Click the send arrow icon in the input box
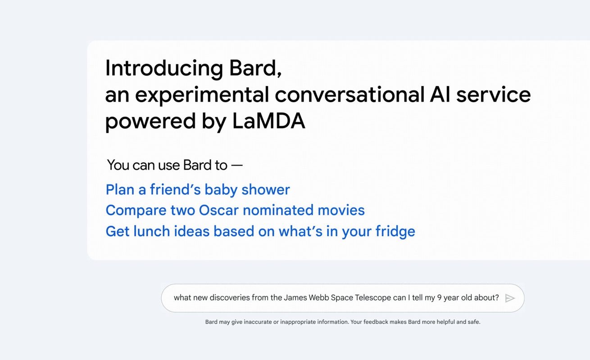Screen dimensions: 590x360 coord(510,298)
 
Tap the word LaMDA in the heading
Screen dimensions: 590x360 coord(269,121)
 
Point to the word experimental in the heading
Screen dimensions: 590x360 coord(202,95)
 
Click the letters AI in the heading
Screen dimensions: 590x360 coord(440,94)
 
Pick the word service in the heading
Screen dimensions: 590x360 coord(493,95)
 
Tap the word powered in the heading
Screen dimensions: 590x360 coord(150,121)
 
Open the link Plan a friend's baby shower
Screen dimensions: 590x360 coord(198,189)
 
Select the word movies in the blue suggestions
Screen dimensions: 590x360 coord(341,210)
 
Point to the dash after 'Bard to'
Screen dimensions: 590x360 coord(237,166)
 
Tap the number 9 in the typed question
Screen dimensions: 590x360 coord(439,297)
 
